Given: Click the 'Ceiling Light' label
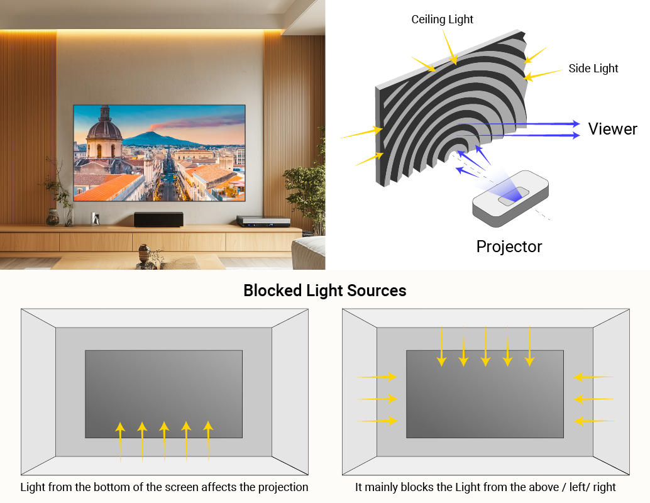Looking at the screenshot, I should [x=442, y=19].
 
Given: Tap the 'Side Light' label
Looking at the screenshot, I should [x=593, y=69].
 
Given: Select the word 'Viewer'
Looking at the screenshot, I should [x=612, y=129].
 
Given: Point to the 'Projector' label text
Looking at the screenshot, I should [x=509, y=246].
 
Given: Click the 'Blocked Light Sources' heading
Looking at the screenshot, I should [x=324, y=290].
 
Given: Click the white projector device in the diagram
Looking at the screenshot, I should [x=511, y=198].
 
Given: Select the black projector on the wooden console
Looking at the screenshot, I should [x=158, y=219].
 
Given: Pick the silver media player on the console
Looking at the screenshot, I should [x=263, y=221].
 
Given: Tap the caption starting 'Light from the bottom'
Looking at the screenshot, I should [x=164, y=487].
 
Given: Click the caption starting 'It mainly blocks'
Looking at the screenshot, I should [x=485, y=487].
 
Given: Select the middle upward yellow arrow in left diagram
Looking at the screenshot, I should [x=164, y=442].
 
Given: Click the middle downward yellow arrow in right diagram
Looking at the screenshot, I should [x=485, y=345].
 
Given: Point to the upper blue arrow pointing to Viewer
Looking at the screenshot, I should [x=528, y=124].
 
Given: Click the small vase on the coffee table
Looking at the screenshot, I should [x=144, y=255].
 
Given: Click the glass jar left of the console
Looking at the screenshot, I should [x=53, y=217].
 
